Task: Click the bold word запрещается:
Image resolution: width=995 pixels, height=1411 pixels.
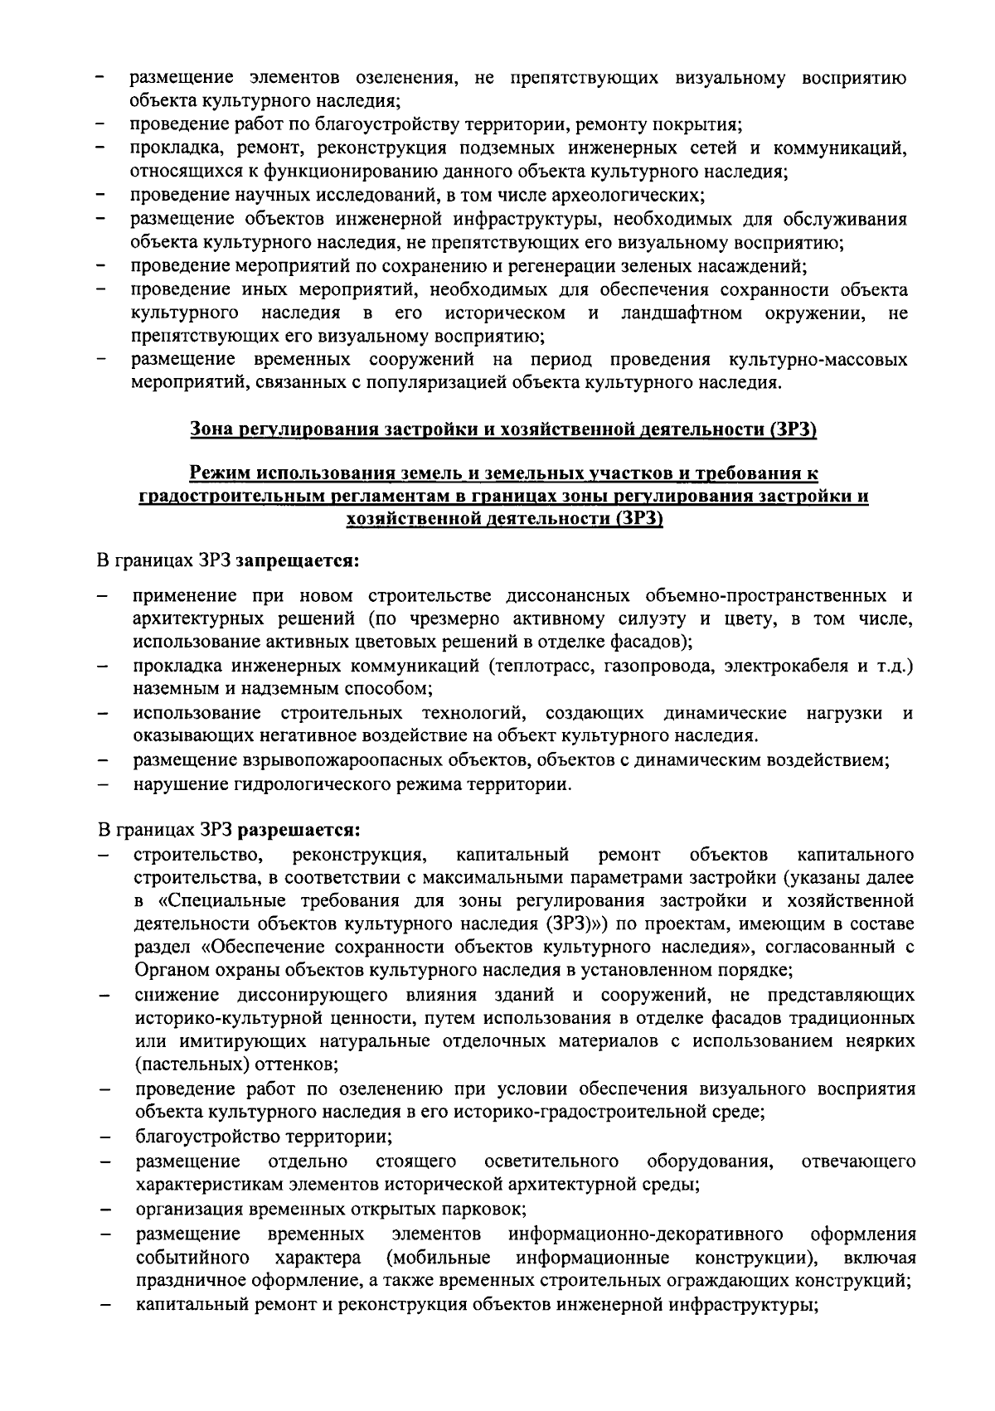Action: click(x=298, y=561)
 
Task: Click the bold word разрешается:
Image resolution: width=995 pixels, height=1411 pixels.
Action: click(x=298, y=829)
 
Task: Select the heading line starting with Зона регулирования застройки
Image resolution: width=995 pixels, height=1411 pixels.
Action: click(x=504, y=430)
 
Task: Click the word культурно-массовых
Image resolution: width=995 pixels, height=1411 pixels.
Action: click(x=817, y=360)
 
